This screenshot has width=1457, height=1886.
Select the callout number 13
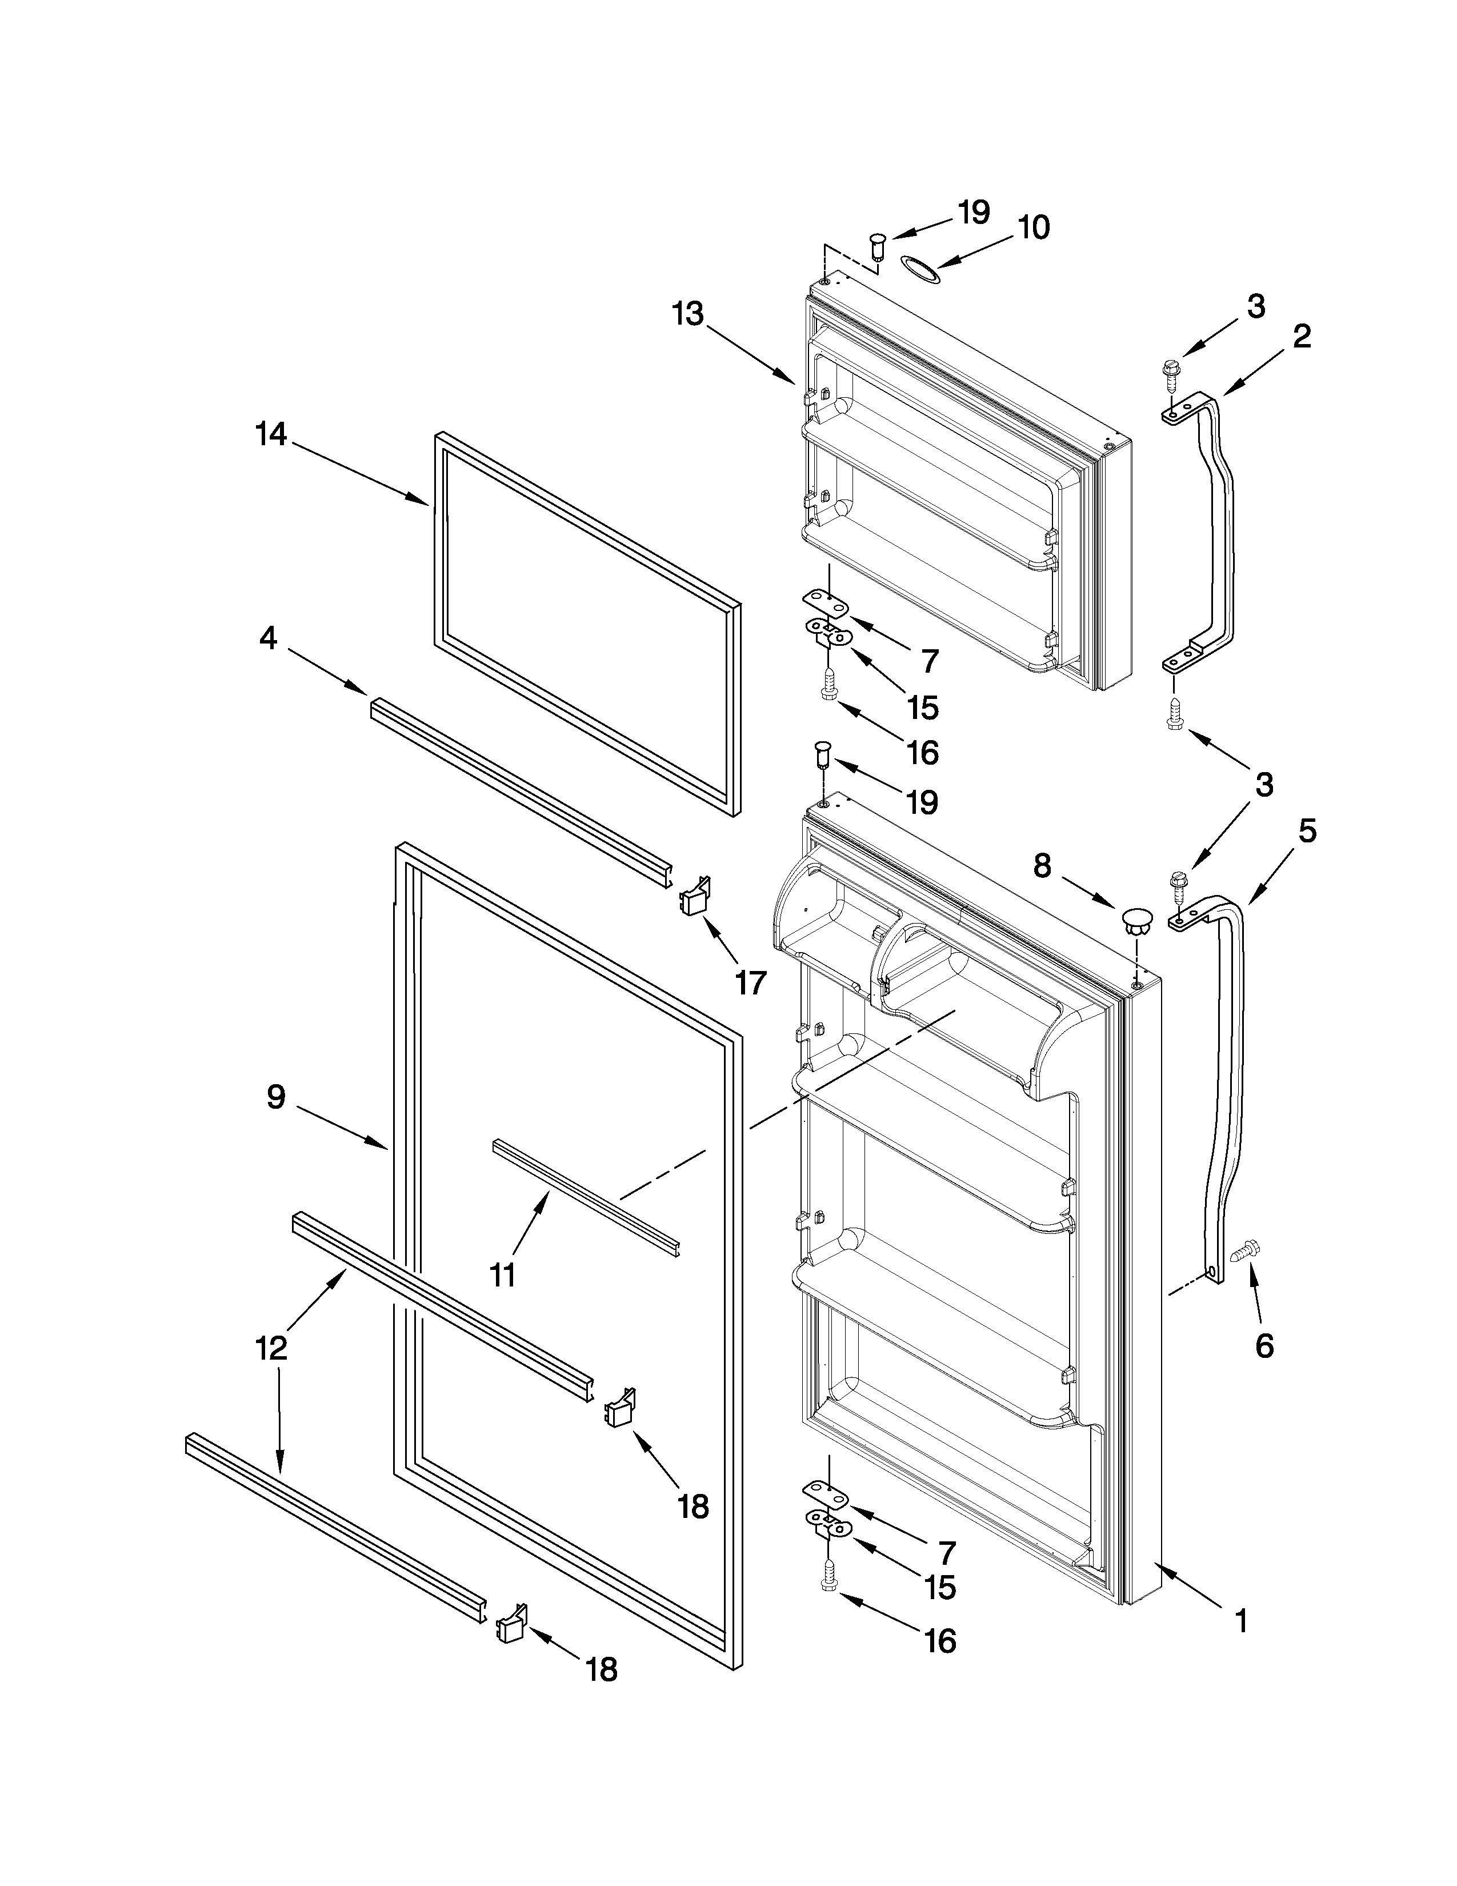tap(688, 314)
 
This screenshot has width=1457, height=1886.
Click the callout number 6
tap(1264, 1345)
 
